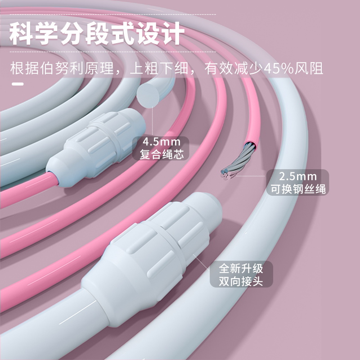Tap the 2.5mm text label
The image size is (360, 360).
pos(297,176)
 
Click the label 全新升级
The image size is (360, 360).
pos(241,269)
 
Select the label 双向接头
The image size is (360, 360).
pos(241,282)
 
